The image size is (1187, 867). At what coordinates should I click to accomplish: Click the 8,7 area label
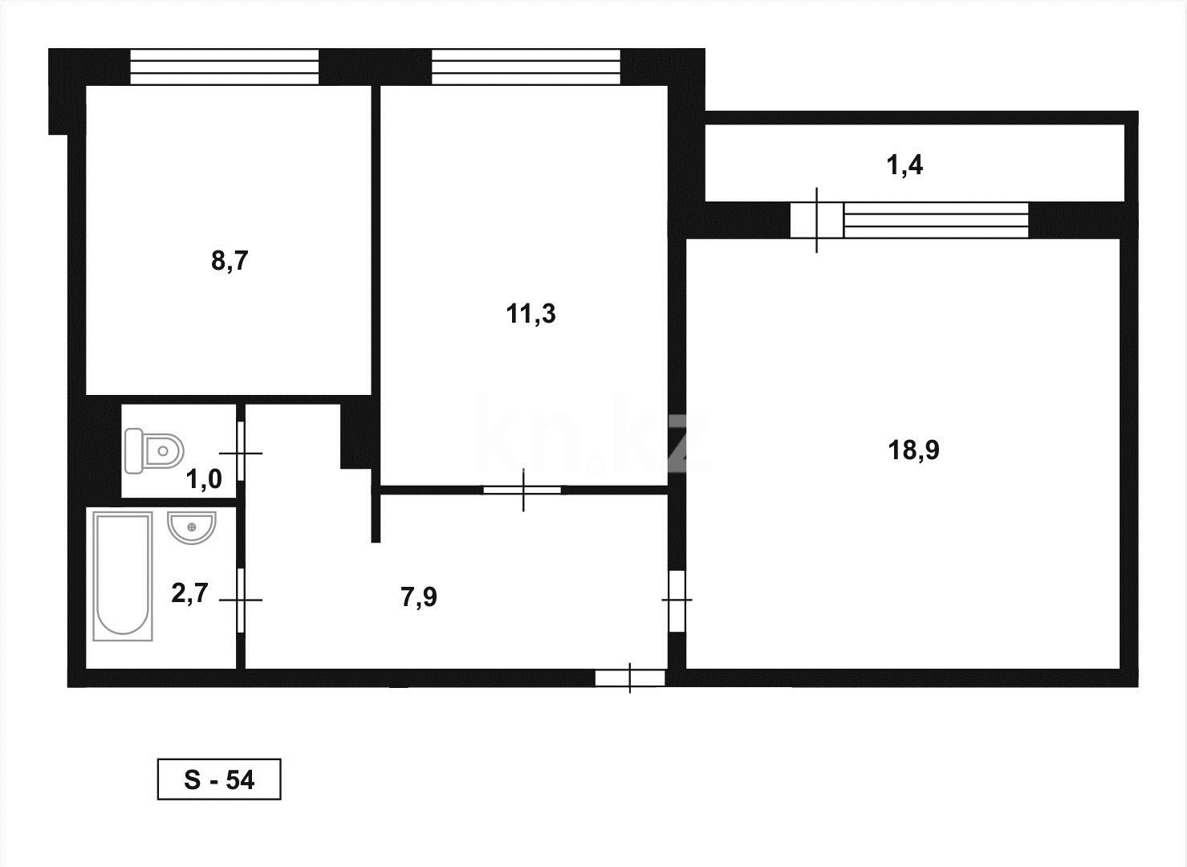pyautogui.click(x=230, y=261)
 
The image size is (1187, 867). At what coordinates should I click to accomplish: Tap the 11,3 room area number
pyautogui.click(x=530, y=314)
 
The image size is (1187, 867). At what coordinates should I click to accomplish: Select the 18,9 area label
pyautogui.click(x=913, y=450)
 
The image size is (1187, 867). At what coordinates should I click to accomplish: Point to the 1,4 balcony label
pyautogui.click(x=904, y=166)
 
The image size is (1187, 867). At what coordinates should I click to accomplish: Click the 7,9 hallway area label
pyautogui.click(x=418, y=597)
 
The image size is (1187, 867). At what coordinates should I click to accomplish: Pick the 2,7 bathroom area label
pyautogui.click(x=189, y=593)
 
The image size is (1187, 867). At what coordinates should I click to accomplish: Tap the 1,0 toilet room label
pyautogui.click(x=203, y=480)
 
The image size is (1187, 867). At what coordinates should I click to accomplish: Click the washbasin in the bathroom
pyautogui.click(x=191, y=528)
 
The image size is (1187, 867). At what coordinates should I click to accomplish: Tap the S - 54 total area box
pyautogui.click(x=219, y=779)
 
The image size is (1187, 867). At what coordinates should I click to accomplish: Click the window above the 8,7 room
pyautogui.click(x=224, y=67)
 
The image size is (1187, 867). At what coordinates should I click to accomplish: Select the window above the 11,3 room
pyautogui.click(x=526, y=67)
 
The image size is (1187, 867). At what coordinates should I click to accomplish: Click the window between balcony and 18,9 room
pyautogui.click(x=936, y=221)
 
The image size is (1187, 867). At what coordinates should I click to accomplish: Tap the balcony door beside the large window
pyautogui.click(x=816, y=220)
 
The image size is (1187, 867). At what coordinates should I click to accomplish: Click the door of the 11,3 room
pyautogui.click(x=522, y=490)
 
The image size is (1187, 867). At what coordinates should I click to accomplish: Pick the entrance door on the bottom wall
pyautogui.click(x=630, y=678)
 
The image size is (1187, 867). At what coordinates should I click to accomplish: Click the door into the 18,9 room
pyautogui.click(x=677, y=600)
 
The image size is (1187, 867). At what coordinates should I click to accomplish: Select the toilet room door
pyautogui.click(x=241, y=453)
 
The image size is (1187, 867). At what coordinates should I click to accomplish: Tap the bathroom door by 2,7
pyautogui.click(x=241, y=600)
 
